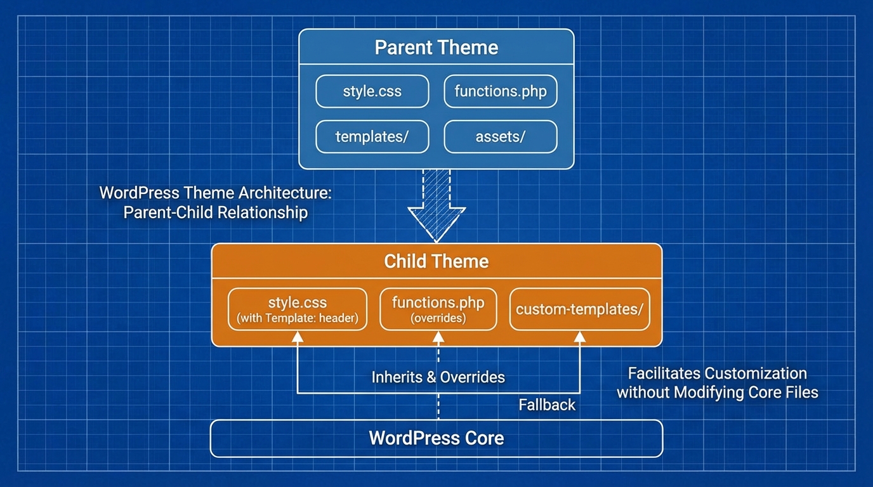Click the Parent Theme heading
pyautogui.click(x=436, y=48)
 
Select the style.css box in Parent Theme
pyautogui.click(x=372, y=91)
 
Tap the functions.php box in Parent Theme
pyautogui.click(x=500, y=91)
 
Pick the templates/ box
pyautogui.click(x=372, y=137)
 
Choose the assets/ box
pyautogui.click(x=500, y=137)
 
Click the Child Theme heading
pyautogui.click(x=436, y=261)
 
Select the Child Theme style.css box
pyautogui.click(x=297, y=309)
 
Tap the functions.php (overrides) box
pyautogui.click(x=438, y=309)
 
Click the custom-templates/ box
pyautogui.click(x=579, y=309)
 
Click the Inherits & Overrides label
pyautogui.click(x=438, y=377)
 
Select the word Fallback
pyautogui.click(x=547, y=405)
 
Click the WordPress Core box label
pyautogui.click(x=436, y=438)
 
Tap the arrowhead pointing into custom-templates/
pyautogui.click(x=580, y=337)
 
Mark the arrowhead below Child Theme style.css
pyautogui.click(x=297, y=337)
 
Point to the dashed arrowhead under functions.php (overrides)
pyautogui.click(x=438, y=337)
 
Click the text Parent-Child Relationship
pyautogui.click(x=216, y=212)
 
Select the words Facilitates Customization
pyautogui.click(x=717, y=373)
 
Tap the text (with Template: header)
pyautogui.click(x=297, y=318)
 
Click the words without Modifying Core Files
pyautogui.click(x=717, y=393)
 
